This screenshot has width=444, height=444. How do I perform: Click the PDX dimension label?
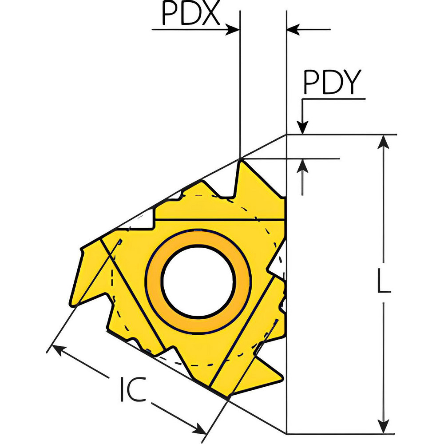pyautogui.click(x=190, y=15)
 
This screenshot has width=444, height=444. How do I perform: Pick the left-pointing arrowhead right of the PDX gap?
pyautogui.click(x=293, y=30)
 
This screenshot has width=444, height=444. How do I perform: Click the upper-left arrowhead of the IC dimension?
pyautogui.click(x=53, y=349)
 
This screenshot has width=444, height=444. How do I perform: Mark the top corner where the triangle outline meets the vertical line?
pyautogui.click(x=286, y=134)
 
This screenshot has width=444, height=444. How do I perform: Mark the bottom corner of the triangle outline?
pyautogui.click(x=286, y=433)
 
